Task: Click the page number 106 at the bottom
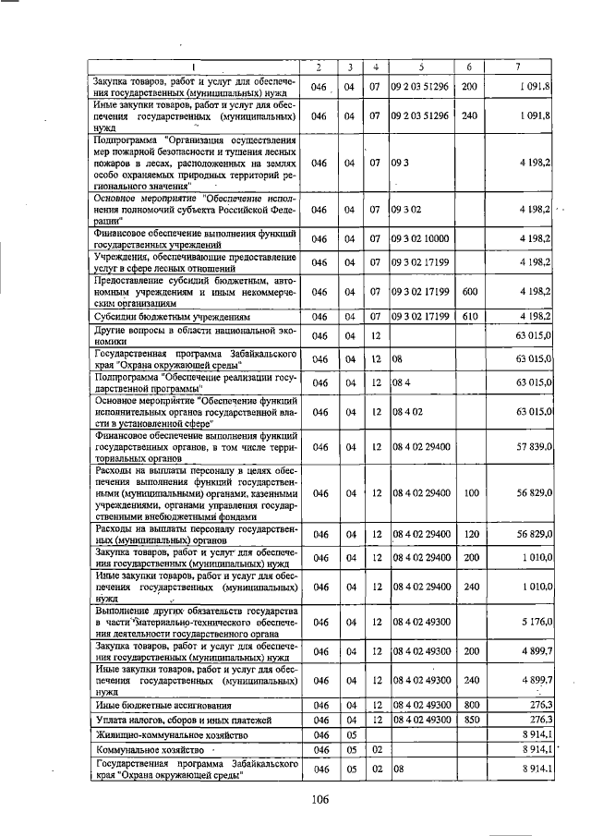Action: (320, 799)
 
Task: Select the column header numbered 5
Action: (420, 67)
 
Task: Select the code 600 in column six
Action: (468, 292)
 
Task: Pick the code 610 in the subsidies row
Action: (468, 317)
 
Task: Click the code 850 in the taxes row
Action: (468, 719)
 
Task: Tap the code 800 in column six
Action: (468, 705)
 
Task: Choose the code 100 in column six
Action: (468, 493)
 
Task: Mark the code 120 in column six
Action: (468, 534)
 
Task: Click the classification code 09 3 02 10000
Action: (420, 238)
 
